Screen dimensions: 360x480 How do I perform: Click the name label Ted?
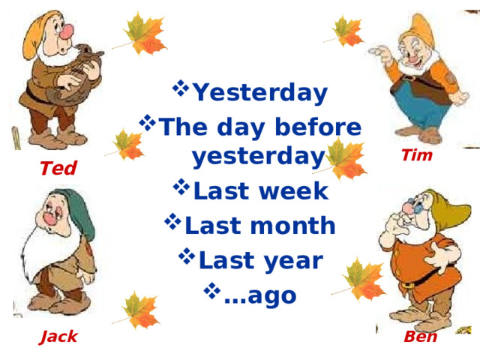[58, 169]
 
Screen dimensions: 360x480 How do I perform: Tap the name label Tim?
[416, 156]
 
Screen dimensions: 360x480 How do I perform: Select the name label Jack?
[59, 337]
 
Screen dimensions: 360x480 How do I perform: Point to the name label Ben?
[420, 337]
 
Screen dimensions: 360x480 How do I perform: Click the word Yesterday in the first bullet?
[260, 93]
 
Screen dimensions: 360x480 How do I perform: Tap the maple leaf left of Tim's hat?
[347, 30]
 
